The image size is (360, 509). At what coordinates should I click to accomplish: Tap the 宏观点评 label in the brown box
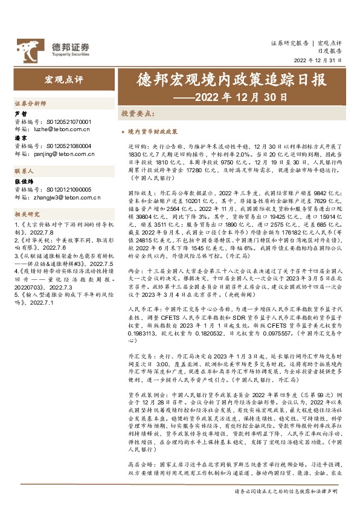pyautogui.click(x=64, y=80)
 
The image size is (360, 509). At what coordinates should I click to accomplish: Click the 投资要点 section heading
pyautogui.click(x=136, y=113)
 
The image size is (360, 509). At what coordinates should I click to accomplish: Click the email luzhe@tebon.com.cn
pyautogui.click(x=52, y=129)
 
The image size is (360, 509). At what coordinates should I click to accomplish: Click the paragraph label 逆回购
pyautogui.click(x=137, y=147)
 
